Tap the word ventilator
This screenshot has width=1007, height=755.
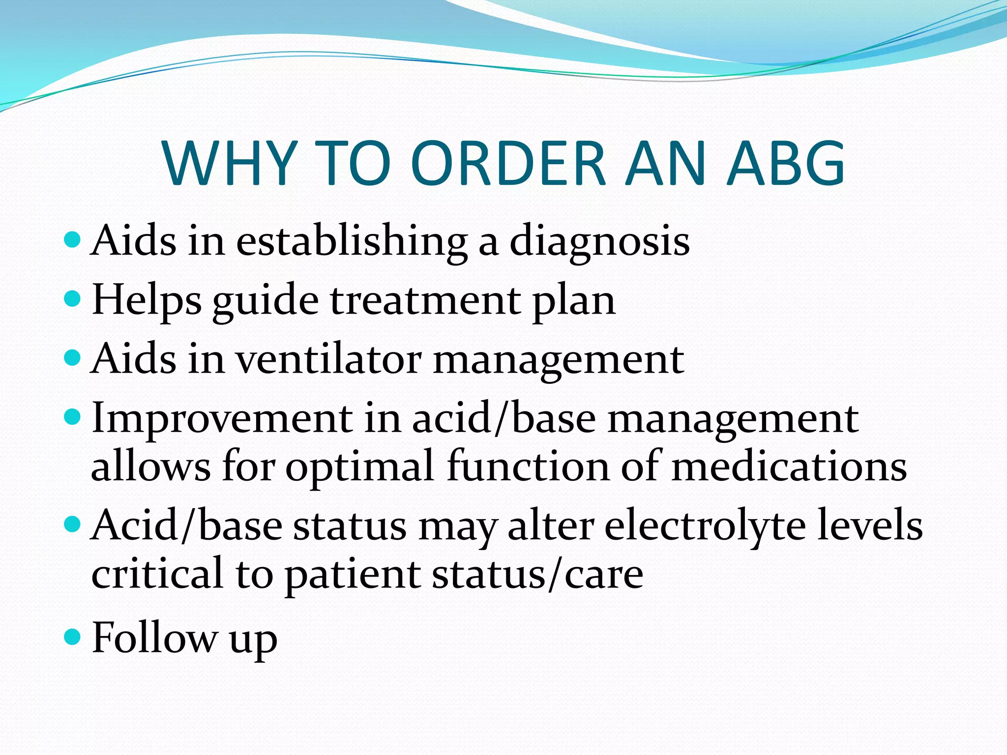(329, 359)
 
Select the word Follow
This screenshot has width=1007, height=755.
(155, 638)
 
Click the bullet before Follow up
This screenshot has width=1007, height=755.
(72, 637)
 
